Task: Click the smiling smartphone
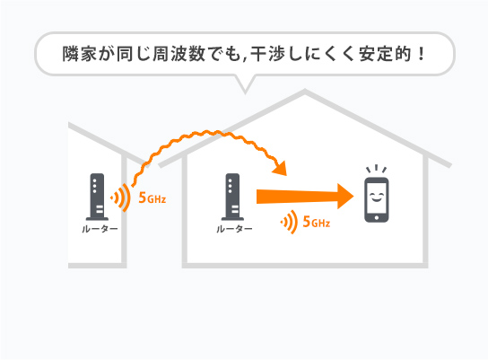[377, 200]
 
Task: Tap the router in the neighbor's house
[96, 197]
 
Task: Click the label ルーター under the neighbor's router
[96, 229]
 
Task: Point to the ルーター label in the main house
[234, 229]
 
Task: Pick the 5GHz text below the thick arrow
[317, 222]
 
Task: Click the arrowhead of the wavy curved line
[283, 169]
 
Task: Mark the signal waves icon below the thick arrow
[288, 221]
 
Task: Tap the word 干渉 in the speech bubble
[275, 51]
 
